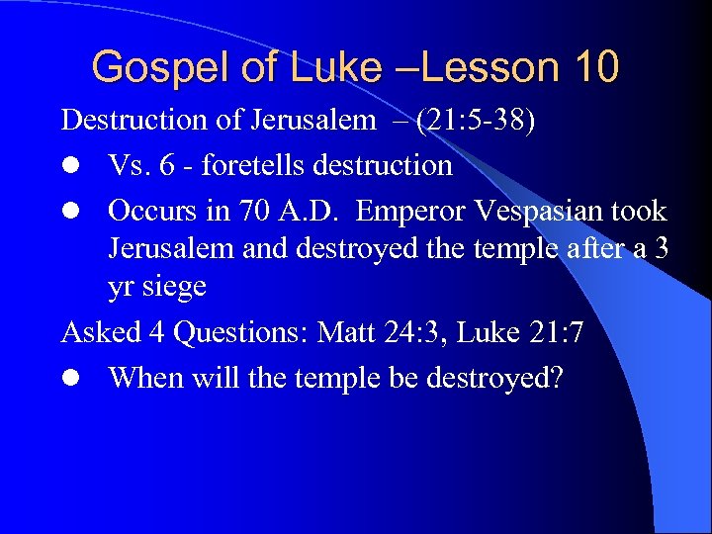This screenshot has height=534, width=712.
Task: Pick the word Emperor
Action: [417, 212]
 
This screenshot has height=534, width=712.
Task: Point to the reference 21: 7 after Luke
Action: [550, 332]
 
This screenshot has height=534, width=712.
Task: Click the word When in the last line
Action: [142, 378]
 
